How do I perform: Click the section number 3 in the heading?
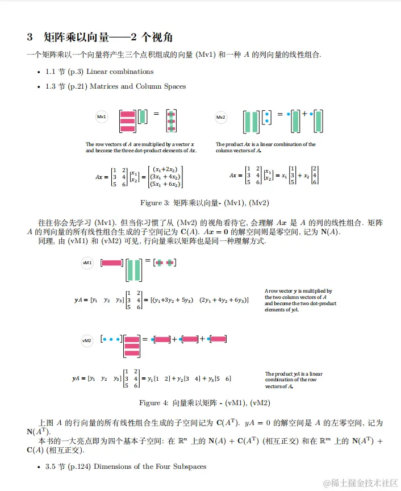point(30,38)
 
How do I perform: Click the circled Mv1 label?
point(102,117)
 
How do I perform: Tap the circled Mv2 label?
point(221,118)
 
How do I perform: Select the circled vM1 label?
point(87,263)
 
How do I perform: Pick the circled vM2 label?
point(87,340)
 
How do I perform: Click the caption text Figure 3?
point(155,203)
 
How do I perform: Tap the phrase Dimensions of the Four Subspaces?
point(150,467)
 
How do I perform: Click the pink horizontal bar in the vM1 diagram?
point(112,263)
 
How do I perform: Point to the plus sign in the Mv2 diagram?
point(304,114)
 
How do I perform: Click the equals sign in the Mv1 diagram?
point(157,114)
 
